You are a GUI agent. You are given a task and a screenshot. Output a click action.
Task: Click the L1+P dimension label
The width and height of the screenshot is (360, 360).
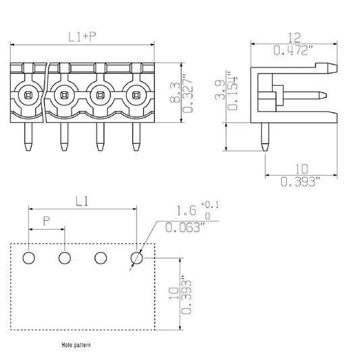[82, 36]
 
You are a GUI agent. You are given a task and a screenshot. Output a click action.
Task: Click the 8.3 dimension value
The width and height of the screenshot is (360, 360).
[176, 93]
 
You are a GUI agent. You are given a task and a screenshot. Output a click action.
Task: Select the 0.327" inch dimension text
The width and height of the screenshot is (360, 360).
[188, 93]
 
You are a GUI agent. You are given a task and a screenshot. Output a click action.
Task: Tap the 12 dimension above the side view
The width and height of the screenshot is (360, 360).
[294, 38]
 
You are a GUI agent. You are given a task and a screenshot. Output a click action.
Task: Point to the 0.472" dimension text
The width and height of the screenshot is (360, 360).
[293, 50]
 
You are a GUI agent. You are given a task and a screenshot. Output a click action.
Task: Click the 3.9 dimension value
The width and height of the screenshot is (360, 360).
[220, 90]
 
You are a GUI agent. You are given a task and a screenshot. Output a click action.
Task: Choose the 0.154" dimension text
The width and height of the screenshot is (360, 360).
[232, 91]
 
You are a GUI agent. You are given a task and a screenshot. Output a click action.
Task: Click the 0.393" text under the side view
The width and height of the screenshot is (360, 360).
[301, 182]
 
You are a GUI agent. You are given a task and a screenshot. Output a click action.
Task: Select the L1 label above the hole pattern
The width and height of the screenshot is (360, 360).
[82, 202]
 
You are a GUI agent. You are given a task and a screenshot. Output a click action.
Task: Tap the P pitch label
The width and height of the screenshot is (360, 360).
[47, 221]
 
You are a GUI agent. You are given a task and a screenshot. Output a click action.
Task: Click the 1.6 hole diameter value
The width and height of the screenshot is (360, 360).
[186, 211]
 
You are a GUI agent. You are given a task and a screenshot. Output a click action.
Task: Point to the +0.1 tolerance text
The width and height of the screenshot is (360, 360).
[210, 204]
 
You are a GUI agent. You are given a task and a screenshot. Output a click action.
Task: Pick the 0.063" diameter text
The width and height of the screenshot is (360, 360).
[185, 228]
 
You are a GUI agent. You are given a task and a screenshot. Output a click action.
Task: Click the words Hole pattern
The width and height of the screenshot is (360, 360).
[76, 345]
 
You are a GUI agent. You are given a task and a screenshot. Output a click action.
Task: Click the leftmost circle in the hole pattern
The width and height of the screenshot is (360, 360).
[29, 258]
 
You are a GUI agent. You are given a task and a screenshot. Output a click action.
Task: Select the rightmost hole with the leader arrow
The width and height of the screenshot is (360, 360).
[136, 258]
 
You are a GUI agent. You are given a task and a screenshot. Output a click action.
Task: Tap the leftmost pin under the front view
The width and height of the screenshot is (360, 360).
[28, 136]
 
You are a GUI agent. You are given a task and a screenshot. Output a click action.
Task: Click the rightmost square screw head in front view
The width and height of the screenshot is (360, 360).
[136, 95]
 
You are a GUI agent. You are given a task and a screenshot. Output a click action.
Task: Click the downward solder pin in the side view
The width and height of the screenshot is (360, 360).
[265, 137]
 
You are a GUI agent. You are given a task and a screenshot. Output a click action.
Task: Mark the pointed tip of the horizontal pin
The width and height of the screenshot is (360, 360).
[326, 95]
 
